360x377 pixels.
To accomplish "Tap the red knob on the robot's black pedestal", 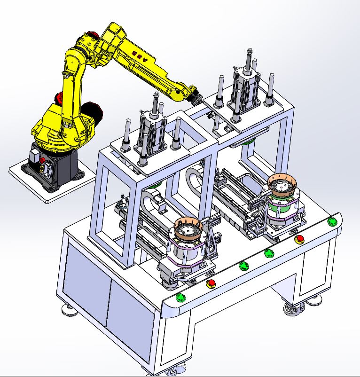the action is click(x=43, y=160).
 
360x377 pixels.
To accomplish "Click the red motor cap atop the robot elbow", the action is click(x=93, y=35).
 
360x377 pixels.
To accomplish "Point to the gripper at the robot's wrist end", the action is click(x=195, y=97).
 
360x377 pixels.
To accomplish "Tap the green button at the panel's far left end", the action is click(x=180, y=297).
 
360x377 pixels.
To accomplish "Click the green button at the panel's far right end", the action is click(x=332, y=221).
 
